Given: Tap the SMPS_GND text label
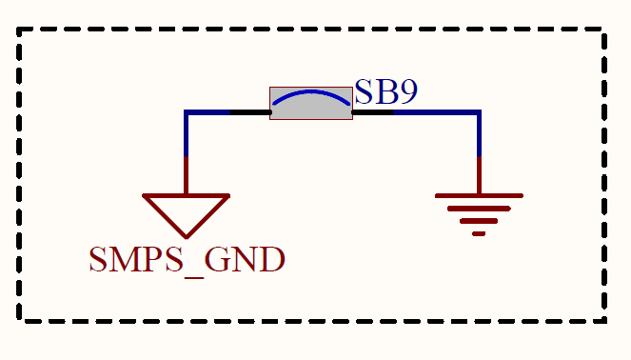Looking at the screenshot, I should tap(187, 260).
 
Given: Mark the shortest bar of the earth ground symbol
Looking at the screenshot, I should tap(479, 231).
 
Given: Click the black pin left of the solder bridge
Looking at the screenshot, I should tap(249, 112).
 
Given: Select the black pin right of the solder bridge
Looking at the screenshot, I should tap(373, 112).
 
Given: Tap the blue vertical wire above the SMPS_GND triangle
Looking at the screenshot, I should tap(187, 133).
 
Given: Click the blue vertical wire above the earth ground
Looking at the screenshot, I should tap(479, 133).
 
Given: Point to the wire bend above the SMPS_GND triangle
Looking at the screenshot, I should tap(187, 112).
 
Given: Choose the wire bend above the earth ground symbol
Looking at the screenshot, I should tap(479, 112).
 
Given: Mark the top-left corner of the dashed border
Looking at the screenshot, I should tap(20, 30).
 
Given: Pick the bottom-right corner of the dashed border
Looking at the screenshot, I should tap(605, 320).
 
